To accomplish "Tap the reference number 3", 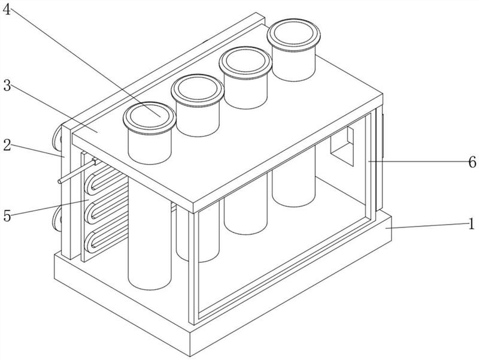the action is pyautogui.click(x=7, y=86).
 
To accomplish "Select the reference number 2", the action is pyautogui.click(x=7, y=146).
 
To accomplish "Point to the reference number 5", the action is pyautogui.click(x=7, y=216).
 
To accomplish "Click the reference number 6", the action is pyautogui.click(x=472, y=162).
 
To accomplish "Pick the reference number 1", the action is pyautogui.click(x=472, y=223).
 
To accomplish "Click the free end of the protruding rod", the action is pyautogui.click(x=59, y=181).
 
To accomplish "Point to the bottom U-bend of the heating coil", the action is pyautogui.click(x=89, y=241).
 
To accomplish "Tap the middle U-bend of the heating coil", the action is pyautogui.click(x=89, y=213).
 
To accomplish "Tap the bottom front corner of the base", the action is pyautogui.click(x=190, y=356).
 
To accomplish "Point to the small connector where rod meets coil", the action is pyautogui.click(x=95, y=161).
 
